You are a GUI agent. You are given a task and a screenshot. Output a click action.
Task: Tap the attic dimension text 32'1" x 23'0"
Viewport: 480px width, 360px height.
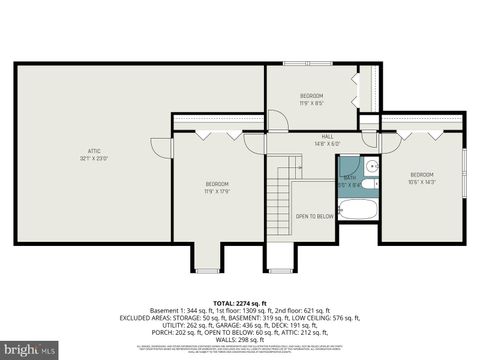tap(94, 158)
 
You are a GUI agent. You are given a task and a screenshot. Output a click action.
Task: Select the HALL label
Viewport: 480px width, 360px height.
tap(327, 137)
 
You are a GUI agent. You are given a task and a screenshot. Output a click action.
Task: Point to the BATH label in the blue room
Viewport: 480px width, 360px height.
tap(350, 177)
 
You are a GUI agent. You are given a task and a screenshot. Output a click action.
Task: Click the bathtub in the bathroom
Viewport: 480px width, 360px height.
tap(357, 210)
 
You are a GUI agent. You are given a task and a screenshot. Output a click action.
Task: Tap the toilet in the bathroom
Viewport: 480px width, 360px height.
tap(368, 184)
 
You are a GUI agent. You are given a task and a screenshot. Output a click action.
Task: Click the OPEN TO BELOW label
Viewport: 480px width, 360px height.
tap(314, 216)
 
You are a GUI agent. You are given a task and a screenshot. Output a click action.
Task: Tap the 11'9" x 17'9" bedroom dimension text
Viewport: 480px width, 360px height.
tap(217, 191)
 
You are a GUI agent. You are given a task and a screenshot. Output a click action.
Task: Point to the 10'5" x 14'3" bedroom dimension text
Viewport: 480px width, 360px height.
tap(422, 181)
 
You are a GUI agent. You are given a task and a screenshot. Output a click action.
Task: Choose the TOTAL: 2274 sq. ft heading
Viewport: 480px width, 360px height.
tap(240, 302)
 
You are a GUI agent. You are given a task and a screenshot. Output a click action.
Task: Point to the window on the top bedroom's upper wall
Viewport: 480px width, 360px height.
tap(374, 68)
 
